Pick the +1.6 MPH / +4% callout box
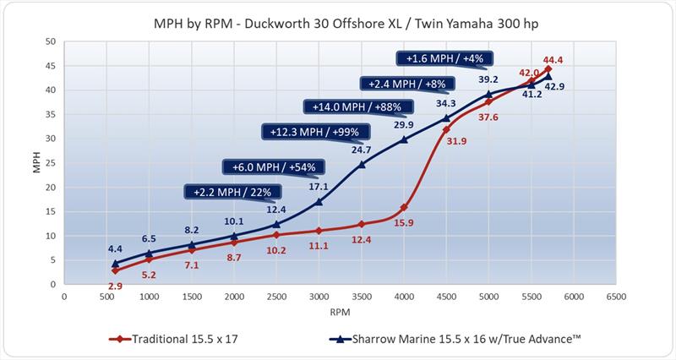click(x=445, y=58)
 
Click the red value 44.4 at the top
click(x=553, y=60)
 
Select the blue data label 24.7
click(x=361, y=150)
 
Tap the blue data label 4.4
click(x=115, y=248)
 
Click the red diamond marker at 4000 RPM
click(x=404, y=207)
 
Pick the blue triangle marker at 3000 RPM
click(x=319, y=202)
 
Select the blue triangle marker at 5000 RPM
click(x=488, y=94)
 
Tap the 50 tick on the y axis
click(x=51, y=41)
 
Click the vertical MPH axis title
click(x=35, y=163)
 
